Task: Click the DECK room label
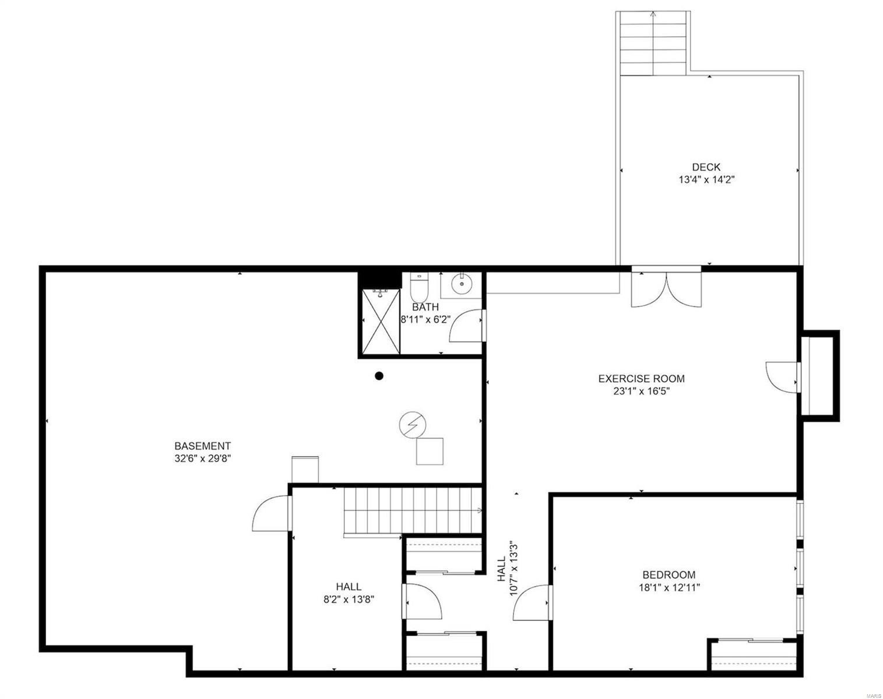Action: pos(706,167)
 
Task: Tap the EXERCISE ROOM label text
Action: pos(641,379)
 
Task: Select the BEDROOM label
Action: pos(669,574)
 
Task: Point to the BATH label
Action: pos(425,307)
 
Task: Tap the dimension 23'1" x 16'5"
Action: pos(641,391)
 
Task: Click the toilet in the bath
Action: pos(419,287)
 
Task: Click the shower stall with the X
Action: pos(380,322)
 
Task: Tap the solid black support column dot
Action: pos(379,376)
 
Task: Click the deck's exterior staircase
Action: pos(653,44)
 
